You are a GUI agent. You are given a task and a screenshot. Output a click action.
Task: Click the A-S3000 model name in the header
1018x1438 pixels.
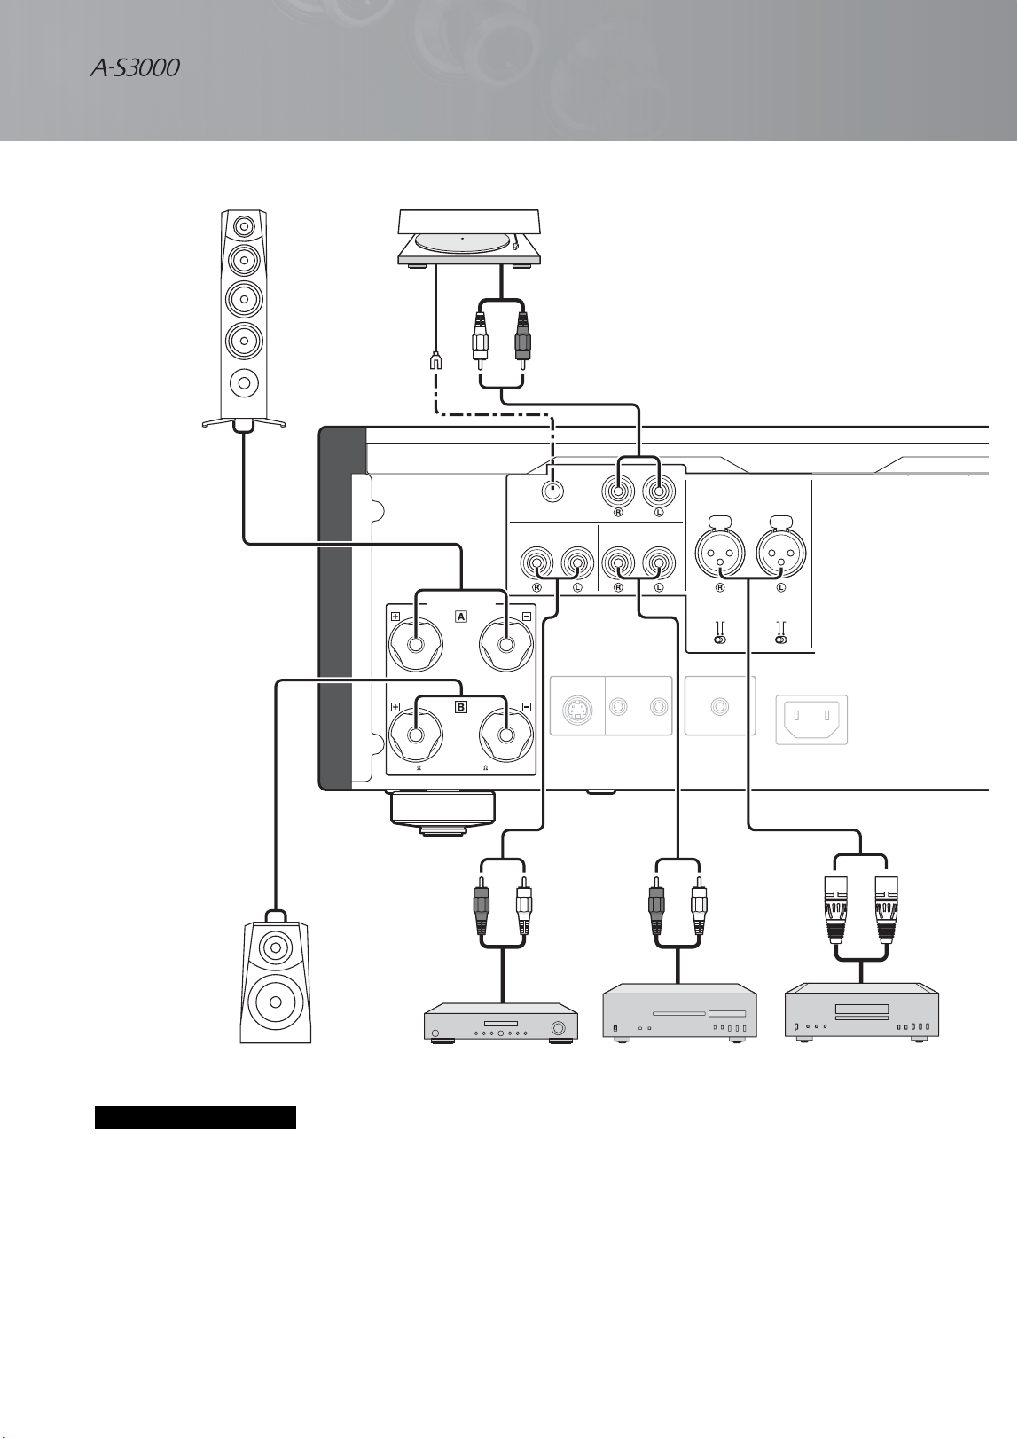coord(134,68)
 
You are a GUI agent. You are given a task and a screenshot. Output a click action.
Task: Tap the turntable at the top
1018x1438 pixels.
coord(469,237)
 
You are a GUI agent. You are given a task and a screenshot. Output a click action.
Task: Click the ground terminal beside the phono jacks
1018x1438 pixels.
coord(552,491)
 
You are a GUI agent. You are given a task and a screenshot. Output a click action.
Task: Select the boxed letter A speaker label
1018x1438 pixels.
coord(461,617)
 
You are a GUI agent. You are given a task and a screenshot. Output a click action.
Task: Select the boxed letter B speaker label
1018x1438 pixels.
coord(461,707)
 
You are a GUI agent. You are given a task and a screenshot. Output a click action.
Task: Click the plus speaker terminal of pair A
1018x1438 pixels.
coord(416,645)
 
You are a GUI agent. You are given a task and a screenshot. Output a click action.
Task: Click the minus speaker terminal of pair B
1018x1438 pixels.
coord(506,735)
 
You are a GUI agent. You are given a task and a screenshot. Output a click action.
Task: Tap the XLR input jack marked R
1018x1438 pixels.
coord(720,552)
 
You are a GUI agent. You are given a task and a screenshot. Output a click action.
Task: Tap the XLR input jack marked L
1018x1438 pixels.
coord(781,552)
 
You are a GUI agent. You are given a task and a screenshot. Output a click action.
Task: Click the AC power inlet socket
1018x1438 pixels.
coord(811,719)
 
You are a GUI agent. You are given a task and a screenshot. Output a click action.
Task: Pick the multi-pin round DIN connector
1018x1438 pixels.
coord(577,710)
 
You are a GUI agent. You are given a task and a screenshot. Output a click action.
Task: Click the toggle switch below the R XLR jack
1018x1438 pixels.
coord(720,640)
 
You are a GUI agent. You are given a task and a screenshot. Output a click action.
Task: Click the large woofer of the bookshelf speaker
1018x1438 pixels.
coord(276,1002)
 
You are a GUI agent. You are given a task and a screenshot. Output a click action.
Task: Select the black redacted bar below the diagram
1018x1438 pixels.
coord(195,1117)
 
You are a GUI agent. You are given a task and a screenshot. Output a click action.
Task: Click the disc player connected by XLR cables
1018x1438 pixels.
coord(861,1011)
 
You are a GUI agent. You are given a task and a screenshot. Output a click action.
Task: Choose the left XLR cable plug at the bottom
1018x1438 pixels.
coord(838,909)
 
